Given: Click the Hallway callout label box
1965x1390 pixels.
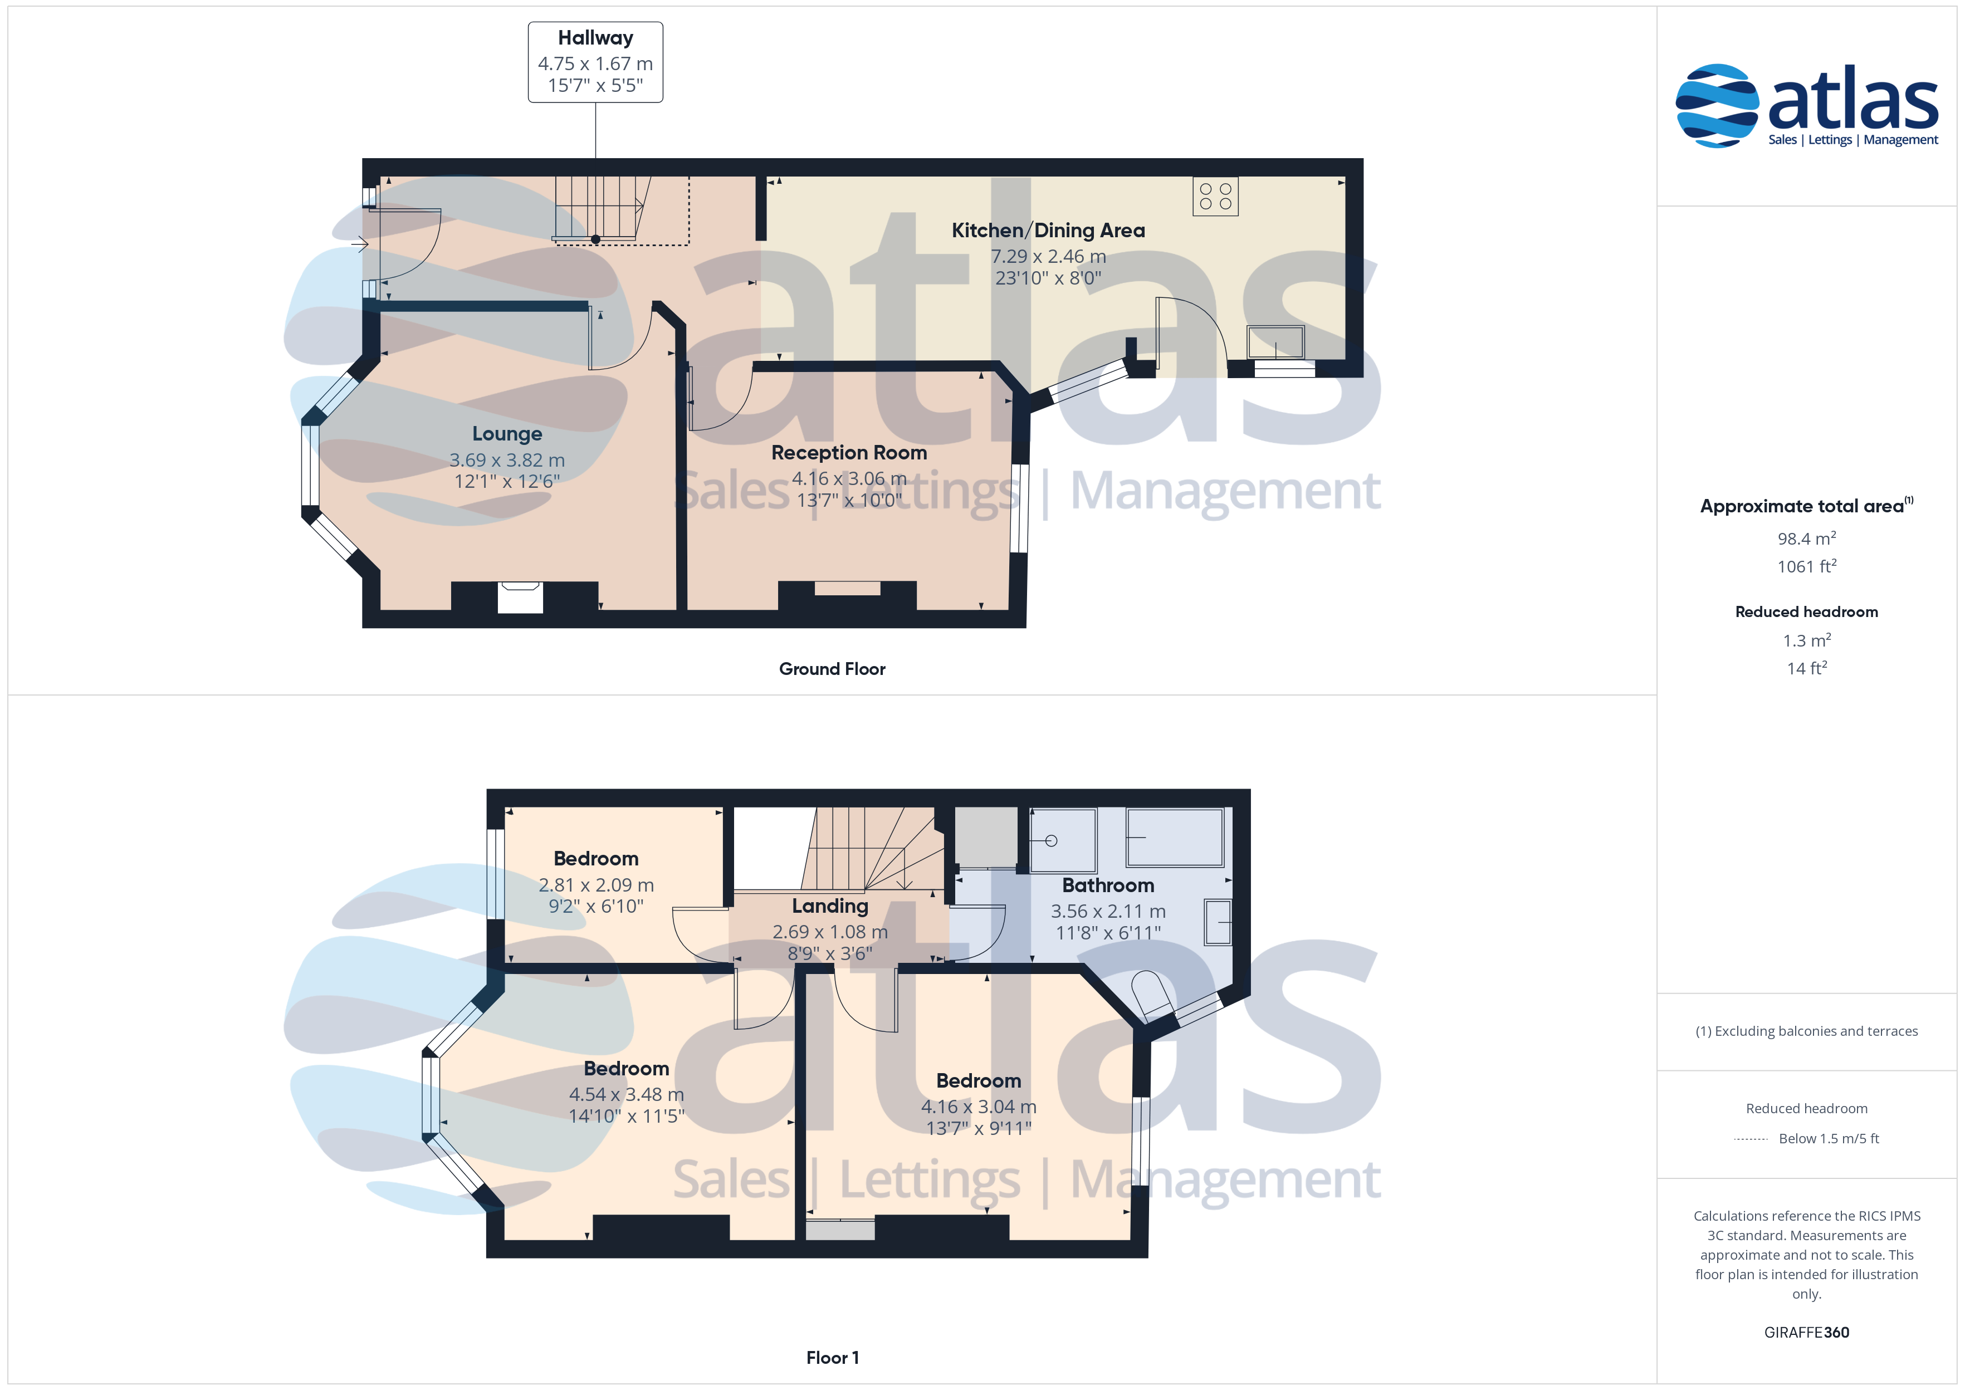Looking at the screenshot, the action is (595, 62).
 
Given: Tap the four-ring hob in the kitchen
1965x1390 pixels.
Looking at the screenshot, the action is (1215, 196).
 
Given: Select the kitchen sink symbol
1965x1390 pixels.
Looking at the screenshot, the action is (1275, 342).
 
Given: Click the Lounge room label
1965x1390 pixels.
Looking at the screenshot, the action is (507, 434).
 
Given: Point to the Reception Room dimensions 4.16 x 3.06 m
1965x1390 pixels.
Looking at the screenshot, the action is (849, 478).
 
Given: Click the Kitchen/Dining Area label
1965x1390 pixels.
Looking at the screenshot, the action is (1048, 230).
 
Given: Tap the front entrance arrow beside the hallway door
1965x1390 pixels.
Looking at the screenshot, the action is (359, 245).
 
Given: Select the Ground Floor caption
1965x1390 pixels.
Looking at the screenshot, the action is (832, 669).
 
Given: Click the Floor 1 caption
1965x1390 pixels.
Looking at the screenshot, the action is (832, 1358).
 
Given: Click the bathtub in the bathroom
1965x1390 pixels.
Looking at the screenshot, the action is (1175, 837).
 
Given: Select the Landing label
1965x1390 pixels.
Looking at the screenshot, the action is (830, 906).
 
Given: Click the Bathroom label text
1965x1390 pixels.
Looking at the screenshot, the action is (1108, 885).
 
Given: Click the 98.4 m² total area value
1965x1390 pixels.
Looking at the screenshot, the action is (1807, 539).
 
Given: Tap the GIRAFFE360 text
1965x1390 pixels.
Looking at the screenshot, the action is (1807, 1333).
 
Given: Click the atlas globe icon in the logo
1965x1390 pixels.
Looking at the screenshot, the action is (1717, 105).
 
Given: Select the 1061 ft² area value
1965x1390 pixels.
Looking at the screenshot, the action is (1807, 566).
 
